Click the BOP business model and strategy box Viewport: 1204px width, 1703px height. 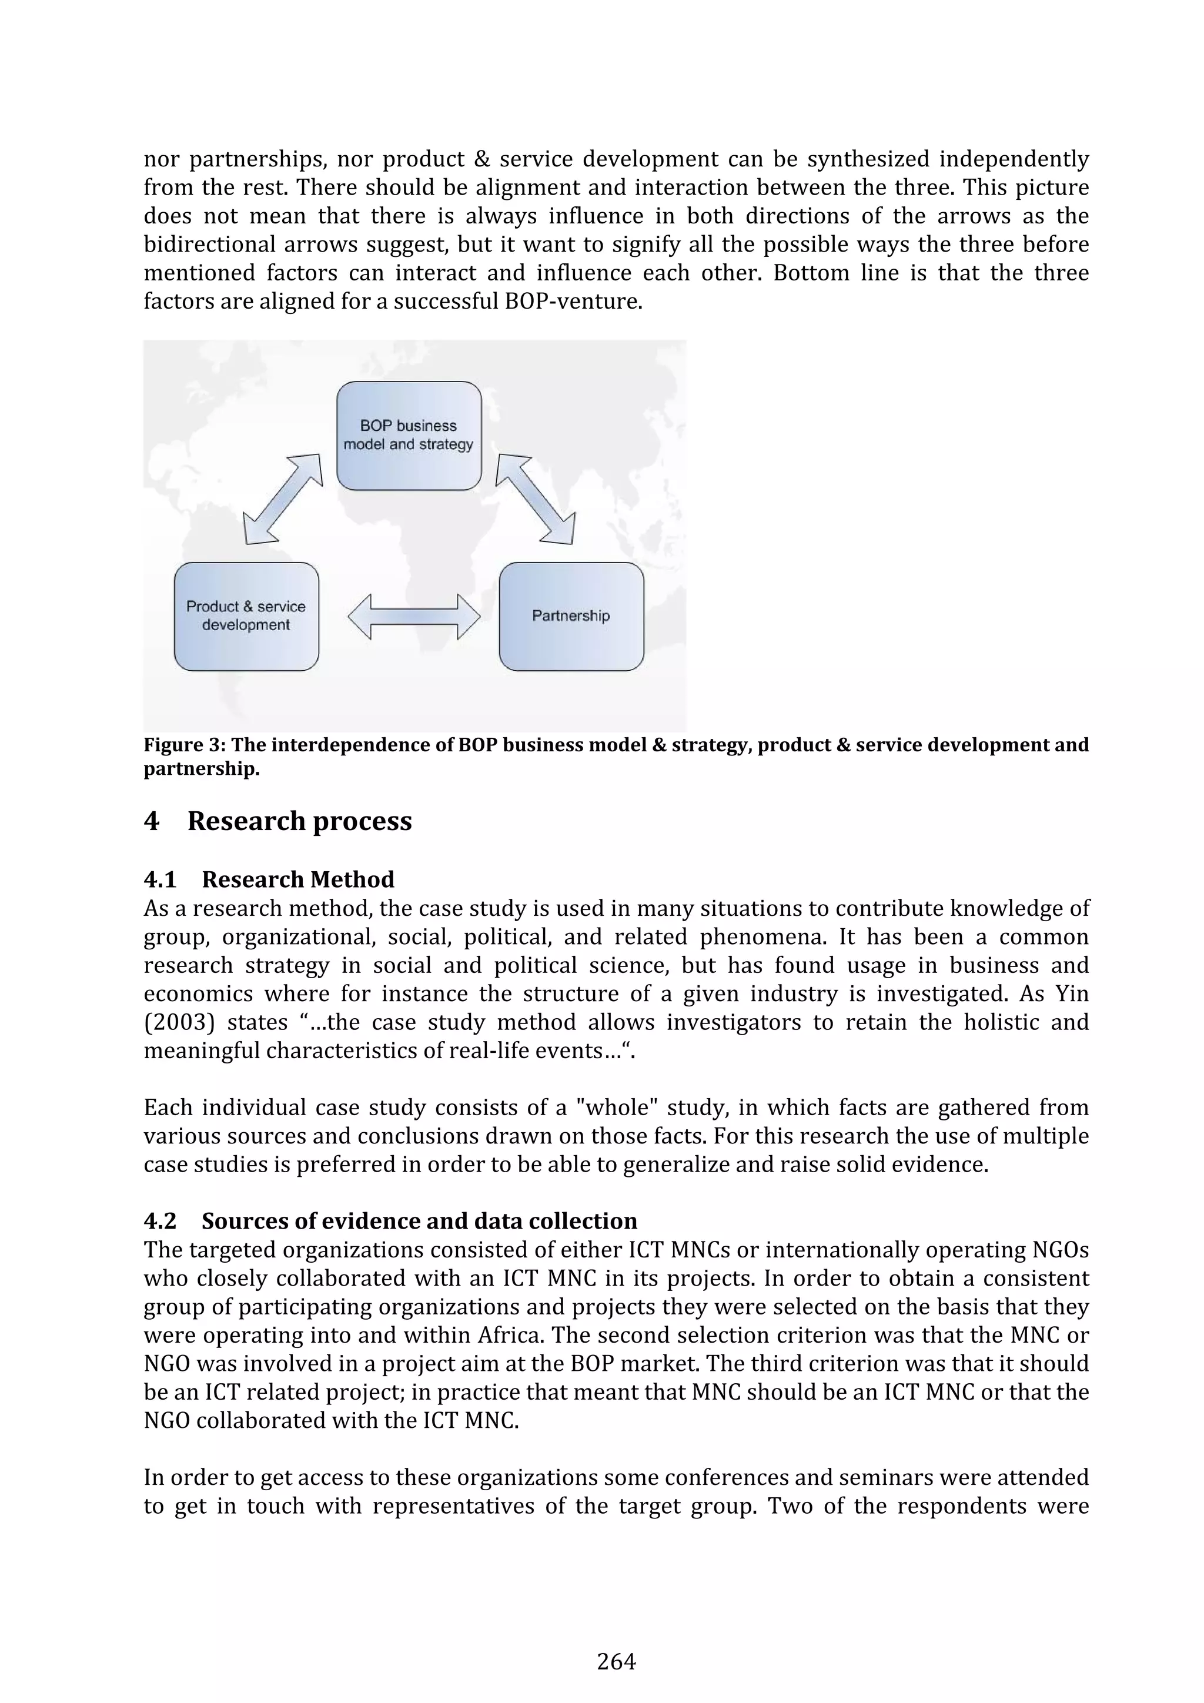pos(409,436)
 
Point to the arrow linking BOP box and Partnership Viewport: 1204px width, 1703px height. pos(536,498)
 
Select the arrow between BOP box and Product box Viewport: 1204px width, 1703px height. pos(283,498)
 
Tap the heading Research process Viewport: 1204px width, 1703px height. pos(299,821)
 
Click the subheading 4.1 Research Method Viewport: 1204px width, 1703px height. pos(269,879)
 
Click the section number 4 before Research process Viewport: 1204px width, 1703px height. pos(151,821)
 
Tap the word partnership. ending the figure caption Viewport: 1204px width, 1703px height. pos(202,768)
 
